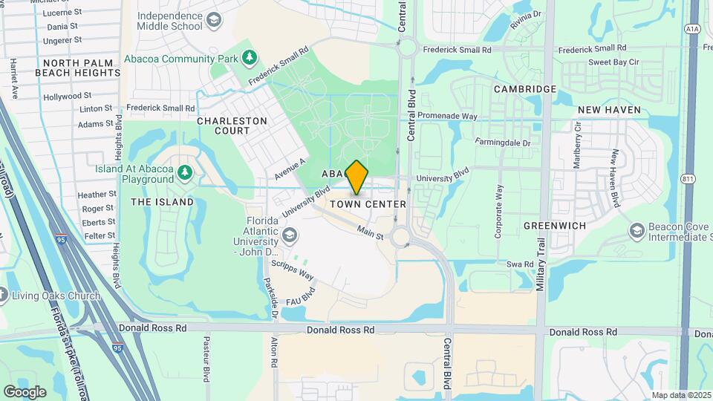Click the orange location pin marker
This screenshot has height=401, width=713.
click(356, 177)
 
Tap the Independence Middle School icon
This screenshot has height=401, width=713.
click(215, 20)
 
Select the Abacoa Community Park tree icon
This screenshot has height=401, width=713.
click(251, 57)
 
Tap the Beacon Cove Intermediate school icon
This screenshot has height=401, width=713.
click(637, 231)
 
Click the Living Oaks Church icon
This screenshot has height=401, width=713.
click(2, 296)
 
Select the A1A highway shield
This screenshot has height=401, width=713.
click(691, 29)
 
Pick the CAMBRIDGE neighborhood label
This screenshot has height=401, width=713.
click(525, 89)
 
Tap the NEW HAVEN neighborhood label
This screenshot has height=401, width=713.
click(609, 110)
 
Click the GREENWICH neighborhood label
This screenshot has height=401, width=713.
click(555, 225)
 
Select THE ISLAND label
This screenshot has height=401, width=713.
click(162, 202)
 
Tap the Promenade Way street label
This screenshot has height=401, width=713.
click(447, 116)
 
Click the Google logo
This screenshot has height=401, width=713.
click(25, 391)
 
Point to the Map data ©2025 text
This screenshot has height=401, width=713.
click(680, 395)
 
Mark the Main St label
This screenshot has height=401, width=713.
click(370, 233)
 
